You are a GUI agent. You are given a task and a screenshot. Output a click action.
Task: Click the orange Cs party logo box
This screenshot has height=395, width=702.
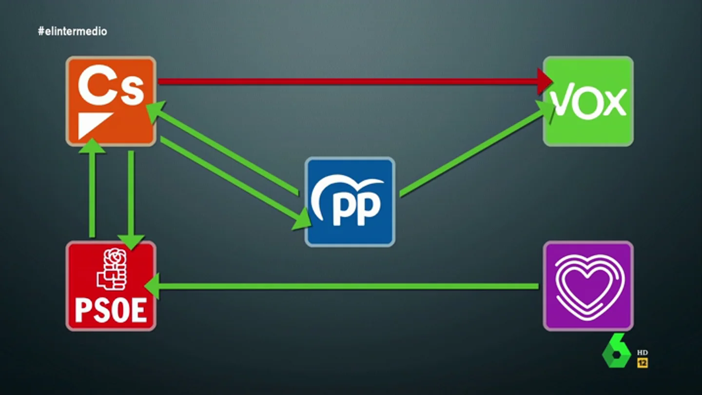(x=111, y=101)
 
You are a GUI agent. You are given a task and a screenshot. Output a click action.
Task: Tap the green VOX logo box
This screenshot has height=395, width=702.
(x=588, y=101)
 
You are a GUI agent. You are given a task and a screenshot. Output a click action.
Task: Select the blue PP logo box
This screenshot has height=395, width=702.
(x=350, y=202)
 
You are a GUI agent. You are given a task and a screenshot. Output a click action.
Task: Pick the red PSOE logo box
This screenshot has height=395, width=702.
(x=111, y=286)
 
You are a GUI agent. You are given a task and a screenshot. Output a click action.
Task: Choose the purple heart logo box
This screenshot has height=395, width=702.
(x=588, y=286)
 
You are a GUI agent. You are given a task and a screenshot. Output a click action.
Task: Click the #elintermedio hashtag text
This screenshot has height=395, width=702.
(x=72, y=31)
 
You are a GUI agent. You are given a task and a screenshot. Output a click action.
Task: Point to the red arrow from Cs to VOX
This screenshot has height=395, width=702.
(x=355, y=81)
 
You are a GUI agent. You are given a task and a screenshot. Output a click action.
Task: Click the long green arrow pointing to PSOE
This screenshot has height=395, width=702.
(x=342, y=286)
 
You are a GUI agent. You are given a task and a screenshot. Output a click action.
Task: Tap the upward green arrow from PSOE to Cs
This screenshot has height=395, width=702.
(x=92, y=188)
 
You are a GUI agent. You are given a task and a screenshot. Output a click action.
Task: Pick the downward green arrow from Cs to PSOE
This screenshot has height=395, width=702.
(x=131, y=200)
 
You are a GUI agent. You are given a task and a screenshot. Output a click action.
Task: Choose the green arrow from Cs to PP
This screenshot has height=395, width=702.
(x=236, y=183)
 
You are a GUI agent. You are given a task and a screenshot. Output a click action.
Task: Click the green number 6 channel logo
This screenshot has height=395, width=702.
(x=616, y=351)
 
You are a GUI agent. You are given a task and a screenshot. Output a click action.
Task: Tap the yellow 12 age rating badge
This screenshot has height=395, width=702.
(x=643, y=363)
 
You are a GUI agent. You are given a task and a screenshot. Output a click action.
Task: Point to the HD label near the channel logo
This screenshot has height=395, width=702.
(x=643, y=353)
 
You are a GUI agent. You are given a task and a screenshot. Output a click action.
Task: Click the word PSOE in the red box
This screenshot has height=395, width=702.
(x=111, y=310)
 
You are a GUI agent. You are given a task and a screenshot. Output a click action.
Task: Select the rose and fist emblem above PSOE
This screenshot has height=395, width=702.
(x=112, y=269)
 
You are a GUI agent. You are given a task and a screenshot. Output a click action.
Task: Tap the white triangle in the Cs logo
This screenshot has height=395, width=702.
(x=94, y=125)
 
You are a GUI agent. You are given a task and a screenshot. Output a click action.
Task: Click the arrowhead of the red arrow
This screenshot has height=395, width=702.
(x=545, y=81)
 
